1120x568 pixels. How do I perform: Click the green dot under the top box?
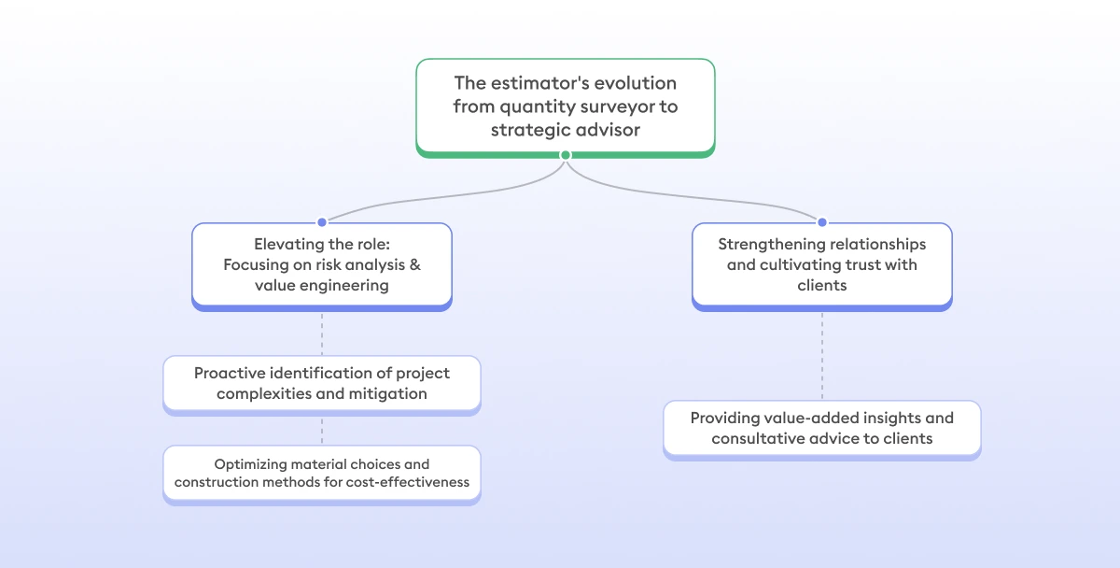tap(565, 155)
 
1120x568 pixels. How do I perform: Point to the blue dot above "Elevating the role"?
tap(322, 222)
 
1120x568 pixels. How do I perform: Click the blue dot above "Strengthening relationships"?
tap(822, 222)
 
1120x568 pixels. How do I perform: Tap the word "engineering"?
tap(343, 285)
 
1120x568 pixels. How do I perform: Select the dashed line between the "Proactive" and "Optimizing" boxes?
tap(322, 429)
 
